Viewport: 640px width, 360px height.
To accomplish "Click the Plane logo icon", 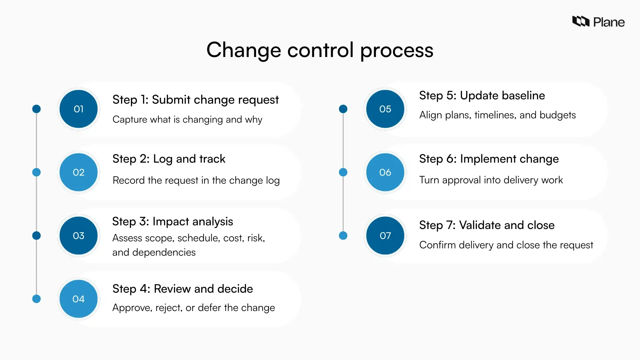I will coord(581,21).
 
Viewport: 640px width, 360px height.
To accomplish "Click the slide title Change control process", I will coord(320,50).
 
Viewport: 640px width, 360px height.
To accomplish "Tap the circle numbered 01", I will coord(78,109).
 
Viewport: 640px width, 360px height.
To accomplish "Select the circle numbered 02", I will coord(78,172).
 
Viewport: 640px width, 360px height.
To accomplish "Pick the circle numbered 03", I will coord(78,236).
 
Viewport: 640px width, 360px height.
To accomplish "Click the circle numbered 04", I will coord(78,299).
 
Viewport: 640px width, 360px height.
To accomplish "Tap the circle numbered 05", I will coord(385,109).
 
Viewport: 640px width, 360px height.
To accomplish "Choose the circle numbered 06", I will coord(385,172).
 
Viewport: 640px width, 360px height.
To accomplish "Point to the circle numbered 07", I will coord(385,236).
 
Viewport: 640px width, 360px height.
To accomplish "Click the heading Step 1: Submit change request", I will coord(195,100).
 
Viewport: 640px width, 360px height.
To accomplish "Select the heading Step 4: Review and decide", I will coord(182,289).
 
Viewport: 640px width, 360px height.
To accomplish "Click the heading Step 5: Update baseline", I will coord(482,96).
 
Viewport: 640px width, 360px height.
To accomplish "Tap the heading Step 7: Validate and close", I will coord(487,225).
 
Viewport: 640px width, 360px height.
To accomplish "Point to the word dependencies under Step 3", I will coord(164,252).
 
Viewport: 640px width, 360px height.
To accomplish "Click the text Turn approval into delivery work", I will coord(491,180).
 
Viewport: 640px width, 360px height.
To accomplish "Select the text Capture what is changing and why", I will coord(187,119).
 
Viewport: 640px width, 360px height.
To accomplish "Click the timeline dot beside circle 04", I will coord(36,299).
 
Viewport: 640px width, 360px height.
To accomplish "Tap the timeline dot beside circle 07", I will coord(343,236).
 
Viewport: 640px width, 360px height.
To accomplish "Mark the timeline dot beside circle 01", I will coord(36,109).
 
